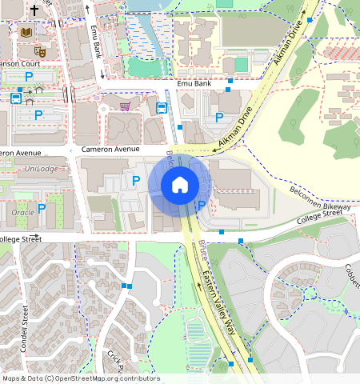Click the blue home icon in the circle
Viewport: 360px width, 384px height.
pos(180,185)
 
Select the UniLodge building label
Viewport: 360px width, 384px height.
pos(42,169)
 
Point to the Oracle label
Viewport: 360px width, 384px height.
pos(24,212)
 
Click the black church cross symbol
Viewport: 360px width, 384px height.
pos(34,11)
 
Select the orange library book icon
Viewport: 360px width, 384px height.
pos(26,32)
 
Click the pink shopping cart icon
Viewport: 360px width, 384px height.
pos(125,106)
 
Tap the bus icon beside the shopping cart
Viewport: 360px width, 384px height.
pos(161,107)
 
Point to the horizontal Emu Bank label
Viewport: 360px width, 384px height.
pos(194,83)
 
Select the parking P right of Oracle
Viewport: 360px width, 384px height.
pos(41,209)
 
